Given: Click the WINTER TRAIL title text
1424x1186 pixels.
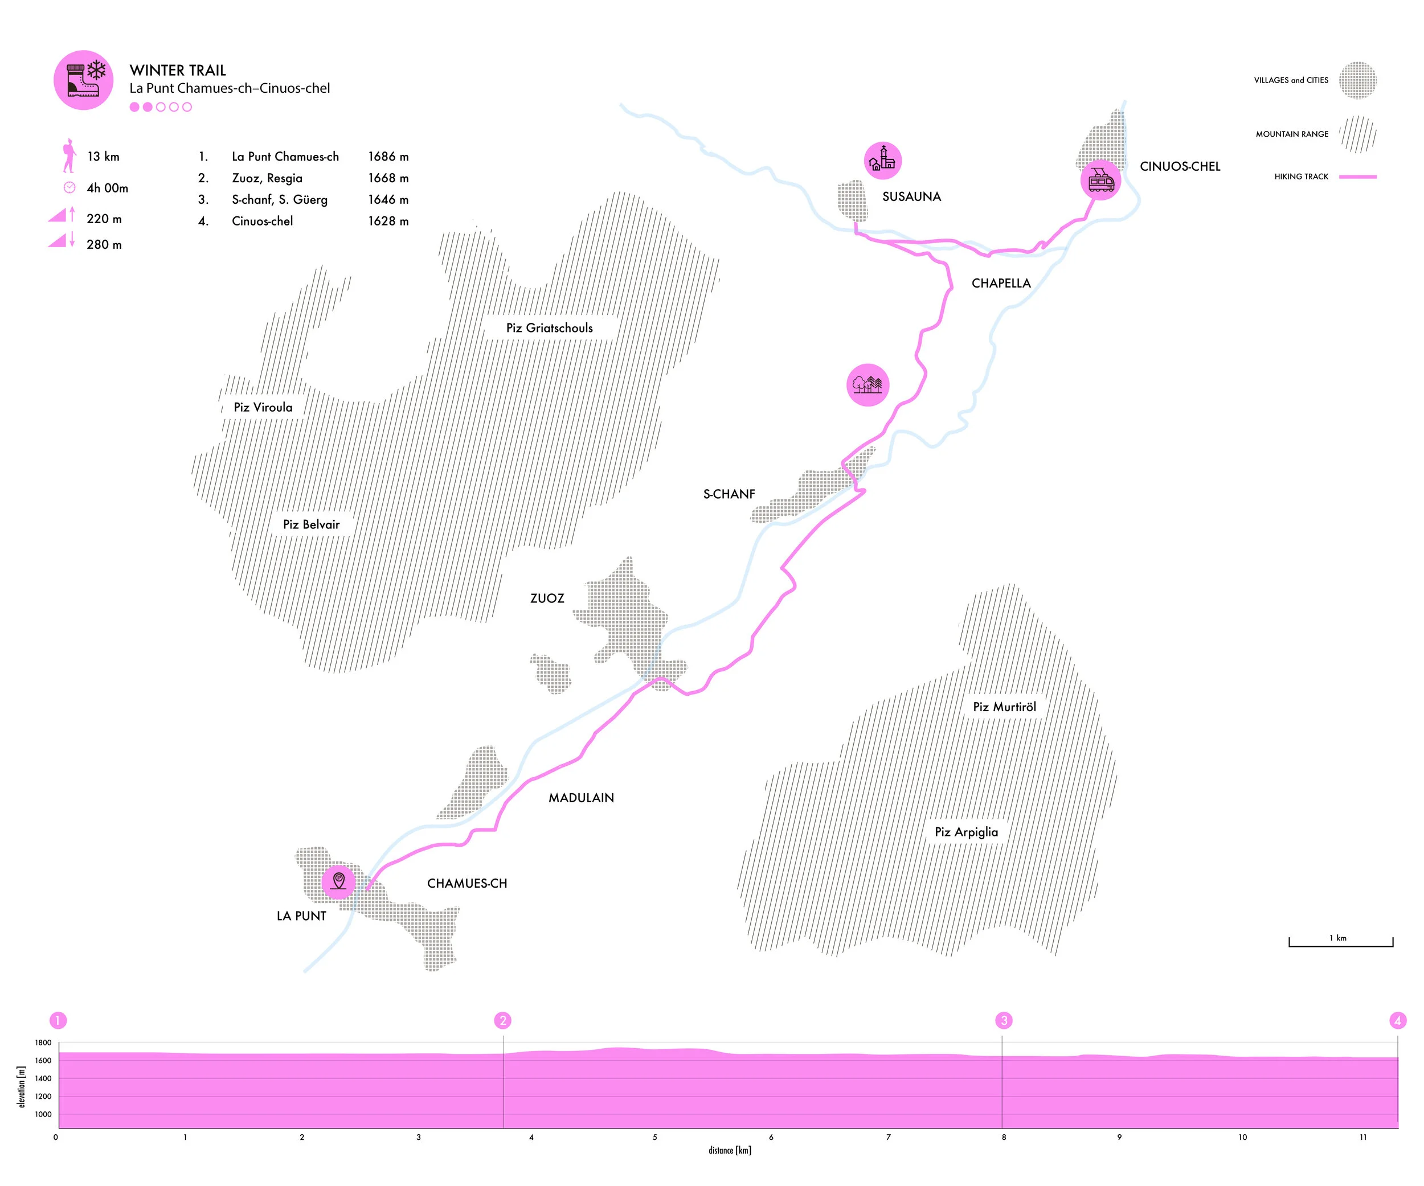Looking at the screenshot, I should pos(178,71).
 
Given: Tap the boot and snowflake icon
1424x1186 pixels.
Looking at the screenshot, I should pos(83,80).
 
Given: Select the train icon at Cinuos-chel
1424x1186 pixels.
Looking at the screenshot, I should pos(1100,180).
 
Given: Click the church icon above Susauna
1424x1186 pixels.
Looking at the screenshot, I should pos(882,161).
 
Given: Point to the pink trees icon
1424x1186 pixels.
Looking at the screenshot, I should pos(868,385).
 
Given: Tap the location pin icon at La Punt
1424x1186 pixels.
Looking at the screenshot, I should pos(338,880).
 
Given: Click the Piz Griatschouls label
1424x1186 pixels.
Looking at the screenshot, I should pos(549,328).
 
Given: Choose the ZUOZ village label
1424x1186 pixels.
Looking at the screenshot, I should pos(547,598).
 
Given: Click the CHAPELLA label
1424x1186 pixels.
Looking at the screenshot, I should pos(1001,284).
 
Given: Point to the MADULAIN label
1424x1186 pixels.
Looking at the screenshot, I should pos(581,798).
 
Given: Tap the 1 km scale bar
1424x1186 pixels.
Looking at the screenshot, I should pos(1341,944).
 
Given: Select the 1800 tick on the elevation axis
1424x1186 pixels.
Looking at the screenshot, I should pos(43,1043).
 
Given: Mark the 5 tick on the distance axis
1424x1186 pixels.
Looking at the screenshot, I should pos(654,1137).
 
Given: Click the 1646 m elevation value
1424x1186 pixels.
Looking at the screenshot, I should pos(388,199).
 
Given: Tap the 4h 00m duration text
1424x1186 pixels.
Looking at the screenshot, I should pos(107,188).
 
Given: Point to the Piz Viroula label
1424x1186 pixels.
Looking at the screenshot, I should pos(263,407).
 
